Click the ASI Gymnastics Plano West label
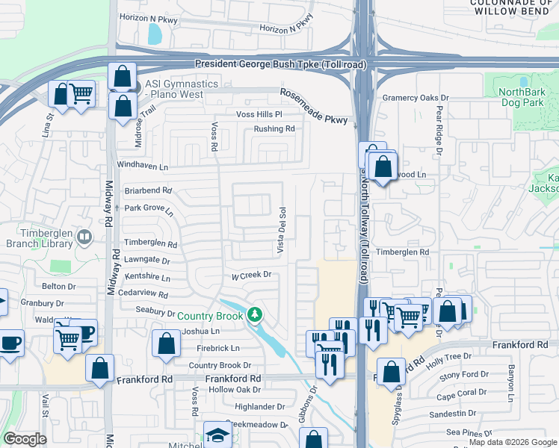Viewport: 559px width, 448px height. [x=182, y=90]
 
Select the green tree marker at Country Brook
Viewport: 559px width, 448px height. [x=256, y=314]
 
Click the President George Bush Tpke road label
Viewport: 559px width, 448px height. [x=280, y=65]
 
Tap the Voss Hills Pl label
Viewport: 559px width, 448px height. [x=259, y=114]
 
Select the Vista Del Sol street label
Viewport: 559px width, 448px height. [x=282, y=230]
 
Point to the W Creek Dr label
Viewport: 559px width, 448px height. [x=250, y=275]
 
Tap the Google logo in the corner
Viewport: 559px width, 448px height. [x=25, y=439]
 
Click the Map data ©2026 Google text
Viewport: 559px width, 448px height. [x=513, y=442]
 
